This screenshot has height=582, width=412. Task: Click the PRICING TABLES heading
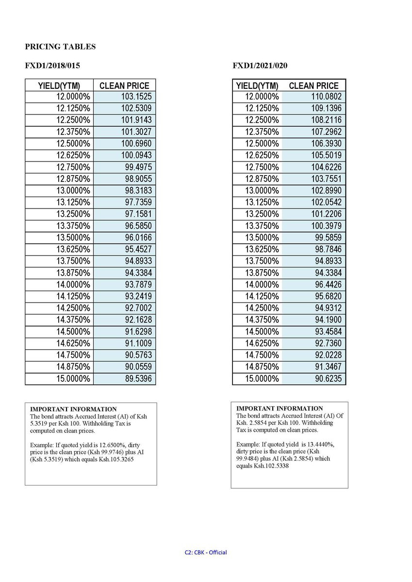[60, 47]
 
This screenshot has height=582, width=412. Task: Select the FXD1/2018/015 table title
[52, 65]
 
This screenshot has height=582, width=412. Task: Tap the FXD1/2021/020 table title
[263, 65]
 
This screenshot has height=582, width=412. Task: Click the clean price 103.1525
[136, 97]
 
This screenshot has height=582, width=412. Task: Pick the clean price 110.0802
[326, 97]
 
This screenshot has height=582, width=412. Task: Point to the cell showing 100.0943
[136, 155]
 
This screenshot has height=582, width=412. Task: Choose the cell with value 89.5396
[138, 378]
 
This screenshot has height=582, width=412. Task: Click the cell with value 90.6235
[328, 378]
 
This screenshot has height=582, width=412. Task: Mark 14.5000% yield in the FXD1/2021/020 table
[262, 332]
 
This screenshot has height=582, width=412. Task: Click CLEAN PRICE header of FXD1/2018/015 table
[124, 86]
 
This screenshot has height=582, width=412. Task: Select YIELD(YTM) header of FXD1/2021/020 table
[257, 86]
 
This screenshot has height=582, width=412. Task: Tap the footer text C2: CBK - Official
[206, 552]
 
